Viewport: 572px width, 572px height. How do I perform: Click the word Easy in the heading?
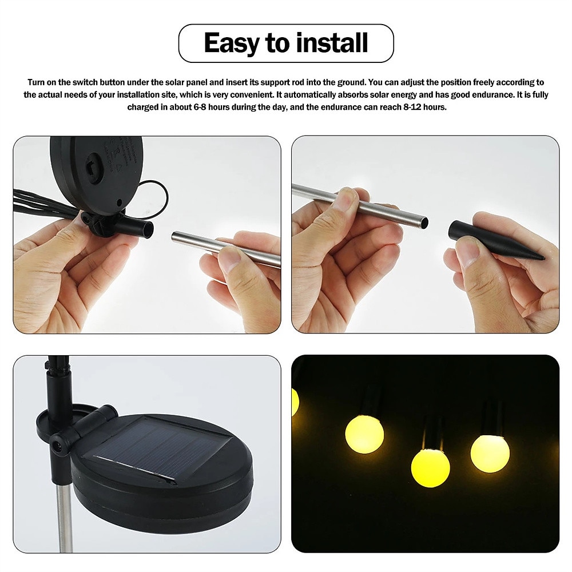click(231, 43)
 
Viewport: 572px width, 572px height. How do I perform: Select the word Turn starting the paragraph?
click(37, 82)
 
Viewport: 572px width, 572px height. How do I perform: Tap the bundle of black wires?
click(40, 203)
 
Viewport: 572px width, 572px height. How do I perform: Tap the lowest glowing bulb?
click(430, 467)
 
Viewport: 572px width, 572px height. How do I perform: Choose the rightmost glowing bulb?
click(490, 453)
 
